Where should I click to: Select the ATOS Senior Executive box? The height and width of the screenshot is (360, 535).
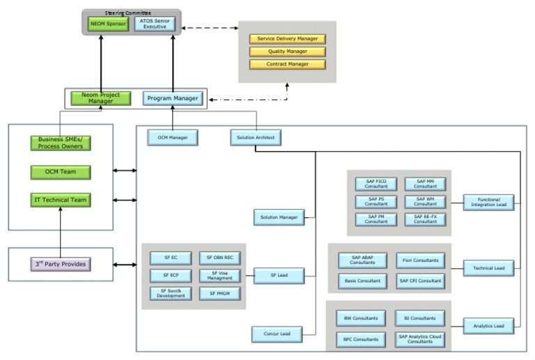pyautogui.click(x=155, y=24)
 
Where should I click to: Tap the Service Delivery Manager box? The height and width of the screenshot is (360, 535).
pyautogui.click(x=287, y=39)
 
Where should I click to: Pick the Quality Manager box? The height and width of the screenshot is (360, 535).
pyautogui.click(x=287, y=52)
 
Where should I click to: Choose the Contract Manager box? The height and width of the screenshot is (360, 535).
pyautogui.click(x=287, y=64)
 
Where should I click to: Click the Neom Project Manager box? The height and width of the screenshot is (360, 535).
pyautogui.click(x=101, y=98)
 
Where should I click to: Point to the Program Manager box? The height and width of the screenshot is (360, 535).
pyautogui.click(x=173, y=98)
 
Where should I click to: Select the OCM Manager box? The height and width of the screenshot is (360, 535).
pyautogui.click(x=172, y=137)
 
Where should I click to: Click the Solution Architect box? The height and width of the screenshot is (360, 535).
pyautogui.click(x=256, y=137)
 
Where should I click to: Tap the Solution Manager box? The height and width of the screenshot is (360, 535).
pyautogui.click(x=279, y=218)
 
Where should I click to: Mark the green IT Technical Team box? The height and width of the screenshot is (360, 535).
pyautogui.click(x=61, y=200)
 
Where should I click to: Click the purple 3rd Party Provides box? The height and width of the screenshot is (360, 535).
pyautogui.click(x=61, y=265)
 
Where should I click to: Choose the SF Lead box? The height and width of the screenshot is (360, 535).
pyautogui.click(x=279, y=276)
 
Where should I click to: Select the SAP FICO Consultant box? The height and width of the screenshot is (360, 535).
pyautogui.click(x=376, y=184)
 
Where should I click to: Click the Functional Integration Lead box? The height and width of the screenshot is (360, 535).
pyautogui.click(x=489, y=202)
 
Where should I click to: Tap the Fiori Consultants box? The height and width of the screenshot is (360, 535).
pyautogui.click(x=420, y=260)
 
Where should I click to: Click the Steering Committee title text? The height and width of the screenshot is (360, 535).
pyautogui.click(x=132, y=12)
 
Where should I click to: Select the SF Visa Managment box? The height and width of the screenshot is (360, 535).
pyautogui.click(x=220, y=276)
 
